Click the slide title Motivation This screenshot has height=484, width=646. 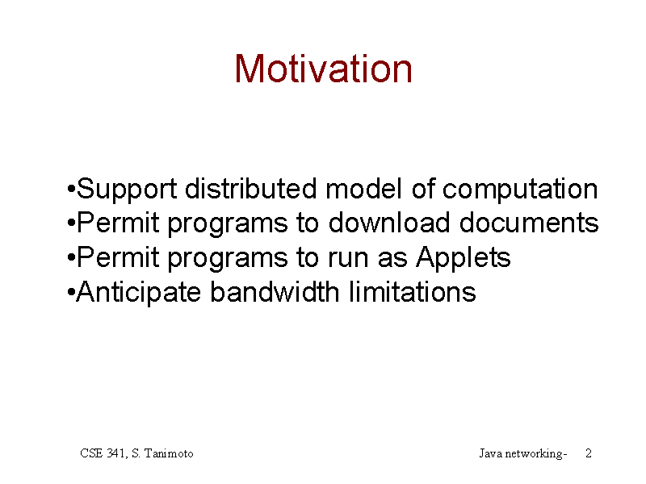(x=324, y=69)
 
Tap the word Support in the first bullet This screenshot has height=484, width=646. (x=127, y=190)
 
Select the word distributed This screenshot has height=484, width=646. (x=251, y=189)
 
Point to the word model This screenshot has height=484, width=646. (x=363, y=189)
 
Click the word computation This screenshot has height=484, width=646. (x=520, y=190)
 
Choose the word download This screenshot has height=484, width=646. (x=389, y=223)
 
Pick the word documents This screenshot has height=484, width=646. (x=529, y=223)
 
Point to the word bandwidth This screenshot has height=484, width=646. (x=275, y=292)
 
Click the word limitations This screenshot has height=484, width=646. (x=412, y=292)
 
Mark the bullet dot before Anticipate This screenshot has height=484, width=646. (x=71, y=293)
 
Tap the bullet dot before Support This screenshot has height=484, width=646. (x=71, y=190)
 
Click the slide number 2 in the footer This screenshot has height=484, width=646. (x=589, y=453)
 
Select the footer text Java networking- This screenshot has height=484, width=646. (x=523, y=454)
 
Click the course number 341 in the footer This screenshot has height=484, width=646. (x=117, y=453)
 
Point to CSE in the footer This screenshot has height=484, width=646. (x=91, y=453)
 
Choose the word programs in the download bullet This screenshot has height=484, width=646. (x=228, y=225)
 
